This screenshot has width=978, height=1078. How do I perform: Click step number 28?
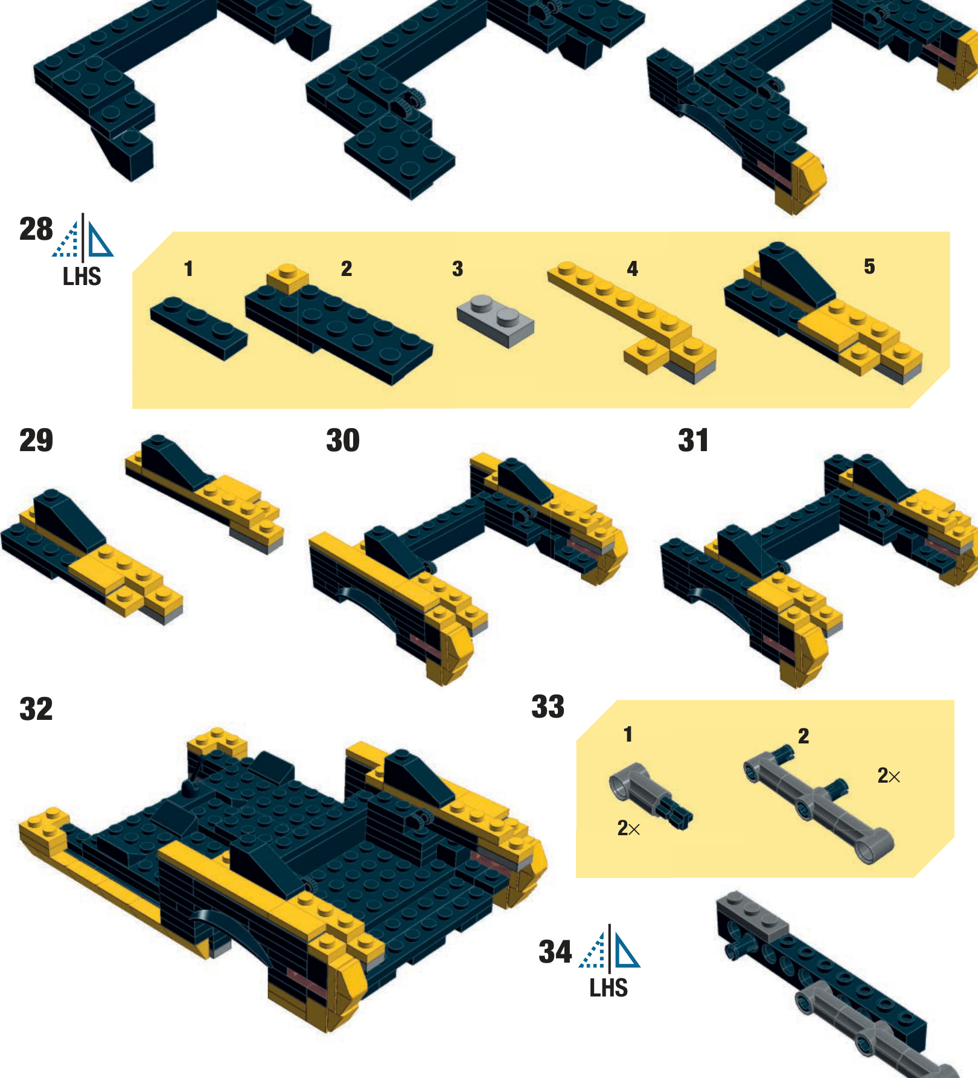(x=36, y=229)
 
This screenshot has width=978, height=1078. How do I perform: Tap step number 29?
(x=36, y=440)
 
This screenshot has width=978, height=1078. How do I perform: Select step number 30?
(x=343, y=440)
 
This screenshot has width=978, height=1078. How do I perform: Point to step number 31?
(x=693, y=440)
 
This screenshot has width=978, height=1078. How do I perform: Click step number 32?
(x=36, y=709)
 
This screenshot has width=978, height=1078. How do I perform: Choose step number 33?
(x=548, y=707)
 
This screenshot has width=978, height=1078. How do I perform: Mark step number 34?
(x=555, y=952)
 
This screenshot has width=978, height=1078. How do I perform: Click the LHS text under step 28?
(x=82, y=277)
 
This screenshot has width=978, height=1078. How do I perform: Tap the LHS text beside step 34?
(x=609, y=988)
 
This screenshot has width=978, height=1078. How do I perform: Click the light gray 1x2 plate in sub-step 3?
(x=496, y=321)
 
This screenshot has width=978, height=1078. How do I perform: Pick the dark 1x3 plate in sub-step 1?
(x=199, y=328)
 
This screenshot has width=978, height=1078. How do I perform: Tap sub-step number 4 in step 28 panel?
(x=632, y=269)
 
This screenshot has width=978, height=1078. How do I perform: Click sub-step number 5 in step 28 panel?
(x=869, y=266)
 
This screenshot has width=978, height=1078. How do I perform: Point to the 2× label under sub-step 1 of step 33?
(x=628, y=828)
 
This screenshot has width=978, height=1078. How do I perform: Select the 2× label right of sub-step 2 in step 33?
(x=889, y=775)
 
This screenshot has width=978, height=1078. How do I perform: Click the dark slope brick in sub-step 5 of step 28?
(x=796, y=274)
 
